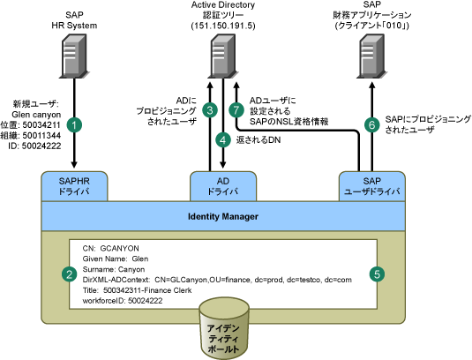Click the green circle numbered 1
tap(74, 124)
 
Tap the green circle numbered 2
tap(69, 274)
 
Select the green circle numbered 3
tap(210, 110)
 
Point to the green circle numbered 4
tap(223, 140)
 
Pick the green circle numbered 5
tap(377, 274)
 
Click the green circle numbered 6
tap(371, 124)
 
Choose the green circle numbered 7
tap(236, 110)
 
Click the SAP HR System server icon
tap(74, 56)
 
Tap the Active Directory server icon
tap(223, 56)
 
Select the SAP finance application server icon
tap(372, 56)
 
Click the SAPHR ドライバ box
tap(74, 186)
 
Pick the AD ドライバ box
tap(223, 186)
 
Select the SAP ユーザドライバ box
tap(372, 186)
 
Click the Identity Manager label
tap(223, 216)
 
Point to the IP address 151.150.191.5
tap(223, 26)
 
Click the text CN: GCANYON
tap(111, 248)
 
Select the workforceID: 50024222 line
tap(123, 301)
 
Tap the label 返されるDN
tap(258, 140)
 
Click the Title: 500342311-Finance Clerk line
tap(137, 290)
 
